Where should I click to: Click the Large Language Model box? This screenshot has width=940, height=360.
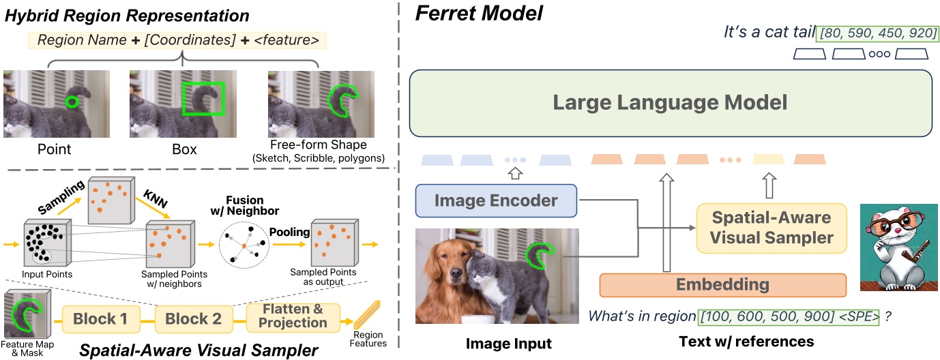click(x=670, y=103)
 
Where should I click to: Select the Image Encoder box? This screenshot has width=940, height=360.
click(x=496, y=200)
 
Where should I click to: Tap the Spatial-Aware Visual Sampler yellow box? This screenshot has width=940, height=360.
click(x=772, y=228)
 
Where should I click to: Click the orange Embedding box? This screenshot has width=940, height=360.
click(x=722, y=284)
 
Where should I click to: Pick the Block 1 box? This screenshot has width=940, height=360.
click(x=102, y=318)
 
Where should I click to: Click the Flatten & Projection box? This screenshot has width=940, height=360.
click(x=293, y=316)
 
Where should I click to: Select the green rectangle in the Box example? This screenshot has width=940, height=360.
click(x=203, y=99)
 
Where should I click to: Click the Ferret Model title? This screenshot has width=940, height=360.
click(x=462, y=13)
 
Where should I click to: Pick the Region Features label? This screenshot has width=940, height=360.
click(x=369, y=338)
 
